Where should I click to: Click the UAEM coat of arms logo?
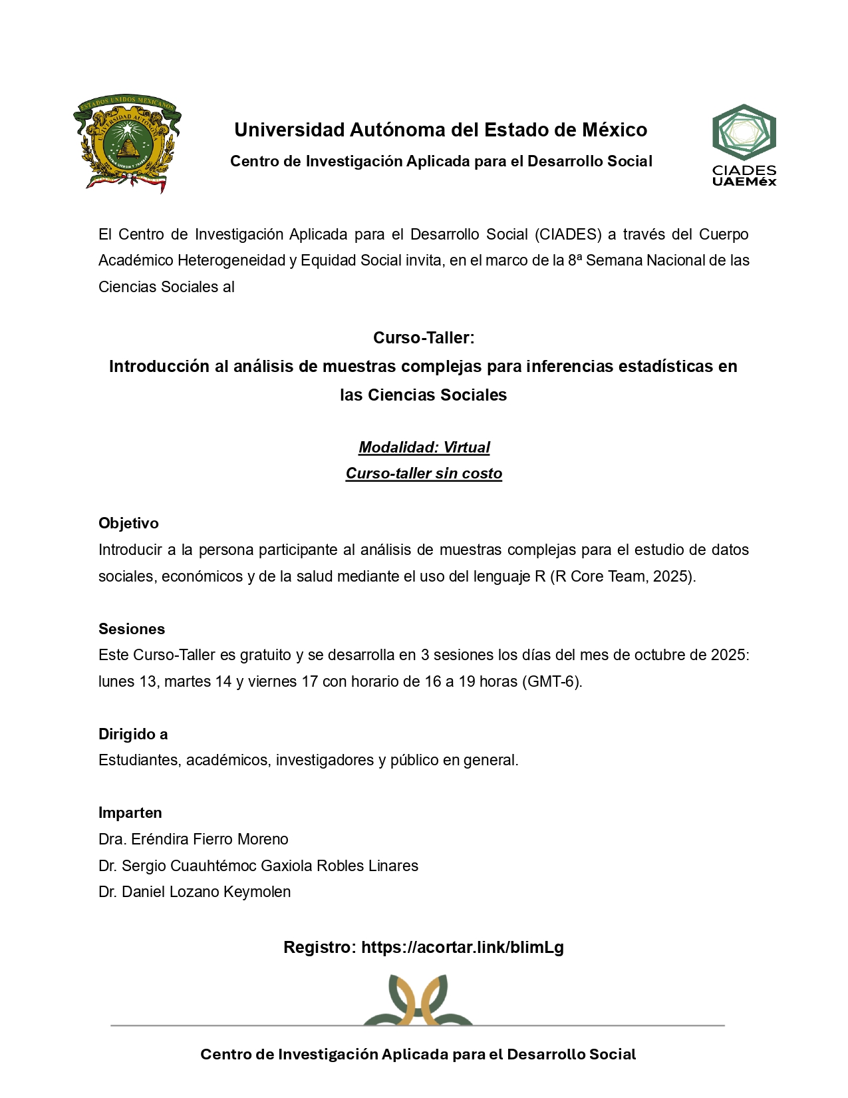pyautogui.click(x=127, y=143)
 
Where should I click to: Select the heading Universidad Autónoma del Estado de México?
pyautogui.click(x=440, y=130)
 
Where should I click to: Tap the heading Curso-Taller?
pyautogui.click(x=424, y=338)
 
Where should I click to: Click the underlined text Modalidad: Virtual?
pyautogui.click(x=424, y=448)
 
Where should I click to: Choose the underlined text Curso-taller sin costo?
pyautogui.click(x=424, y=474)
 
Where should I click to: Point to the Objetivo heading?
pyautogui.click(x=128, y=524)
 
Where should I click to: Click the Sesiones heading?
pyautogui.click(x=132, y=630)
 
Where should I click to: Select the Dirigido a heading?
pyautogui.click(x=133, y=735)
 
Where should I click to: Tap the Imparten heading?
pyautogui.click(x=130, y=813)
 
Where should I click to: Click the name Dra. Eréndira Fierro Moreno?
pyautogui.click(x=194, y=840)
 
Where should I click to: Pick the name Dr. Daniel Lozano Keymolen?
pyautogui.click(x=195, y=892)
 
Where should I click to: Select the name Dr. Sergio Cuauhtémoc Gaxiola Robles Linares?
pyautogui.click(x=259, y=866)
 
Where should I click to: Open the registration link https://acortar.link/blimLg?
pyautogui.click(x=462, y=948)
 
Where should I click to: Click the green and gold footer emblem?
pyautogui.click(x=418, y=1000)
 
